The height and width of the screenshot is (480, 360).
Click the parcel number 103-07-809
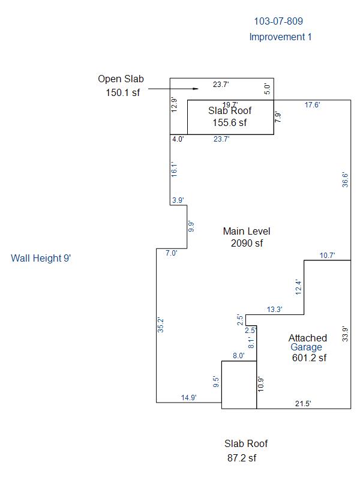tap(278, 22)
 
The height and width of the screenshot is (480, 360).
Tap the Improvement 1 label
tap(280, 37)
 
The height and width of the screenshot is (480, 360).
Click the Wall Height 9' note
tap(41, 259)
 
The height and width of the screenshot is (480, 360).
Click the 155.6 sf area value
tap(230, 122)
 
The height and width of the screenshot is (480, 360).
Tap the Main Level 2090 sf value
tap(247, 243)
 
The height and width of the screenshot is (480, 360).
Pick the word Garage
tap(306, 347)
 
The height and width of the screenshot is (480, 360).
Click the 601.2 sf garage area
tap(309, 358)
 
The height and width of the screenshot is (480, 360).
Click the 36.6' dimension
tap(345, 181)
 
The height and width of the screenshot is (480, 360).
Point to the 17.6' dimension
tap(312, 105)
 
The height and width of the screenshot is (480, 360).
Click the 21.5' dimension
tap(303, 404)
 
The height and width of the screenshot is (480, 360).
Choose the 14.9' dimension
tap(188, 397)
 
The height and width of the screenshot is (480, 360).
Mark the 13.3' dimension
tap(274, 310)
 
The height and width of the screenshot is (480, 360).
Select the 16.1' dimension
tap(174, 169)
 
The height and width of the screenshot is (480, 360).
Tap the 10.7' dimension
tap(327, 256)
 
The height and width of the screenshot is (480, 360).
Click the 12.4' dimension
tap(299, 287)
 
